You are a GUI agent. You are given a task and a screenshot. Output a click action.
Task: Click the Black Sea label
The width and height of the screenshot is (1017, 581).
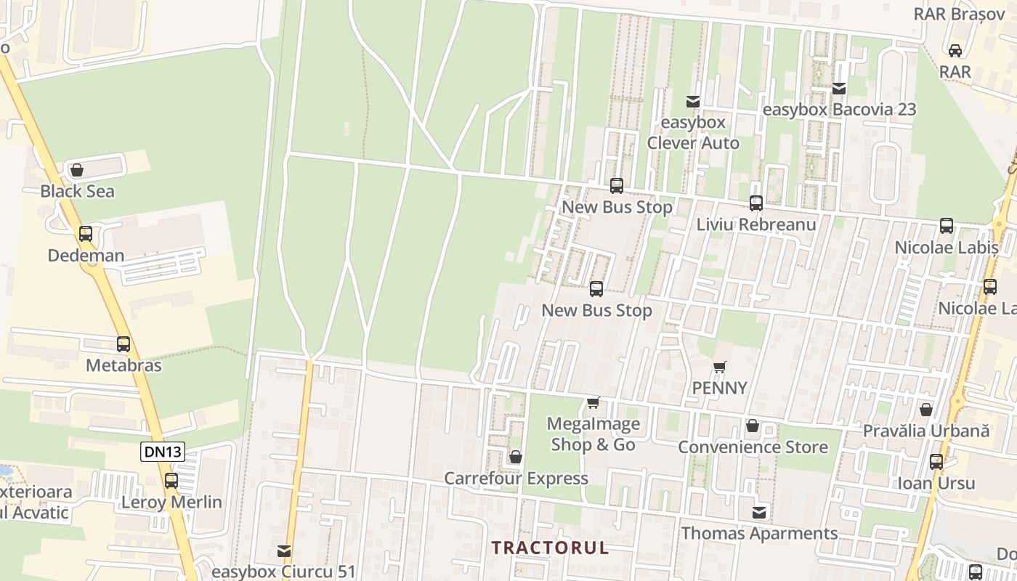coord(77,192)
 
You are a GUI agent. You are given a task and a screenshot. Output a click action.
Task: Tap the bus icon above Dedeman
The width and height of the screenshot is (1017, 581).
coord(86,234)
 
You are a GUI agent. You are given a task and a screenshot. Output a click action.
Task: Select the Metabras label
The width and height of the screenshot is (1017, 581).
coord(123,365)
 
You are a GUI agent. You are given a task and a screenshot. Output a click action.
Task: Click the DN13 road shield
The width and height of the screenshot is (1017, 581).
coord(162,452)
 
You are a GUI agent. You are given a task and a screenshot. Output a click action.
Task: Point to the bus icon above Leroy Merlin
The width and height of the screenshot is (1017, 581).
coord(171,481)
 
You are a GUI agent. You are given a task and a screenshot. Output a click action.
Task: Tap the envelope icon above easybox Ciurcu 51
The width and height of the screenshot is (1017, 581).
coord(284,551)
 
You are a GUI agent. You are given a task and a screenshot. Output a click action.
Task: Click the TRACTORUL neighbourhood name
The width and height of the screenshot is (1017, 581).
coord(550,548)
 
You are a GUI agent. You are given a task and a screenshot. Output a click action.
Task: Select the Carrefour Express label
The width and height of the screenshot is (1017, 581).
coord(516,479)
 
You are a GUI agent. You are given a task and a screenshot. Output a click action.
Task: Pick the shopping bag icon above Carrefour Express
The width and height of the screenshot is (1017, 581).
coord(516,457)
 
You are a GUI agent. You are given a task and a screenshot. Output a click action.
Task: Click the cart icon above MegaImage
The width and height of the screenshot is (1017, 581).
coord(593,402)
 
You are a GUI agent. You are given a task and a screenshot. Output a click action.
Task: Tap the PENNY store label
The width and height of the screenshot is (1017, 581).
coord(719,388)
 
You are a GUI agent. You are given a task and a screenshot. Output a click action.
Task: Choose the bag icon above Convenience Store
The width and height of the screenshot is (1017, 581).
coord(753,426)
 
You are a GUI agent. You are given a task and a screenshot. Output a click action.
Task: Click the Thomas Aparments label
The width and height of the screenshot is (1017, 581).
coord(759,534)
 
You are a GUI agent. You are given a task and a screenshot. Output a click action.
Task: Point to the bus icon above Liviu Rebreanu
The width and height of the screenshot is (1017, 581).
coord(756,203)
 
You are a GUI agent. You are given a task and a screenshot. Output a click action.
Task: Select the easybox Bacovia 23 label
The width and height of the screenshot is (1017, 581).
coord(839,110)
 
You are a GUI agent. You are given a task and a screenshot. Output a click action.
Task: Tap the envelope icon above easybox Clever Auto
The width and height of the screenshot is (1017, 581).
coord(693,102)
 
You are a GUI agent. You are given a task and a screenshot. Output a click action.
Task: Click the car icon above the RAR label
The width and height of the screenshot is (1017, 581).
coord(955,50)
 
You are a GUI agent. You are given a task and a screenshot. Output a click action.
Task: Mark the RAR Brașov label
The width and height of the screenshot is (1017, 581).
coord(958,14)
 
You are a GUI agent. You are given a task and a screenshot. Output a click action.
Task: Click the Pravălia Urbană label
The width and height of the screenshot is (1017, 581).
coord(926,431)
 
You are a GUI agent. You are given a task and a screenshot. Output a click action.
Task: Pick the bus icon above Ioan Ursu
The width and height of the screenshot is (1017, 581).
coord(936,462)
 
